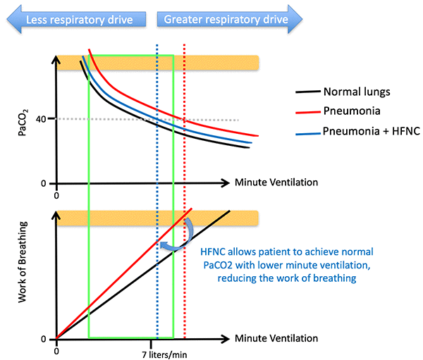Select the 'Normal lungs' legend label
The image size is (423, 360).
click(x=356, y=92)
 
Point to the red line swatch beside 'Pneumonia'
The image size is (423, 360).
click(x=306, y=111)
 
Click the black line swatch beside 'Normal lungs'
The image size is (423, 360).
click(x=306, y=92)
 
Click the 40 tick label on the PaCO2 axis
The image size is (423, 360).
click(x=40, y=118)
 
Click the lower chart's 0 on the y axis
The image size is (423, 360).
click(x=43, y=338)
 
